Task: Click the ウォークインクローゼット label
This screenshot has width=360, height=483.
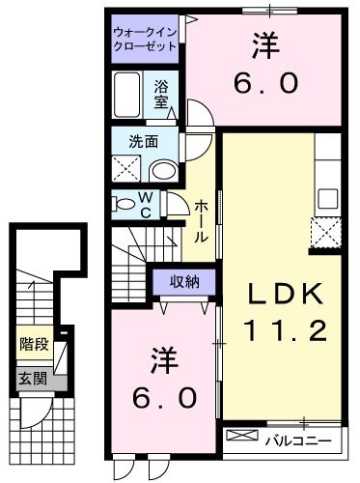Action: [145, 38]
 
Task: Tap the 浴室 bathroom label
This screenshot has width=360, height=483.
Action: [161, 92]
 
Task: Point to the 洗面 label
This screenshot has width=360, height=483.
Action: [143, 143]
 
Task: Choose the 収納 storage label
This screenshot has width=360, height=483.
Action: [185, 282]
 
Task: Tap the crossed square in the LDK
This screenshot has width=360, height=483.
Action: [325, 234]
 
